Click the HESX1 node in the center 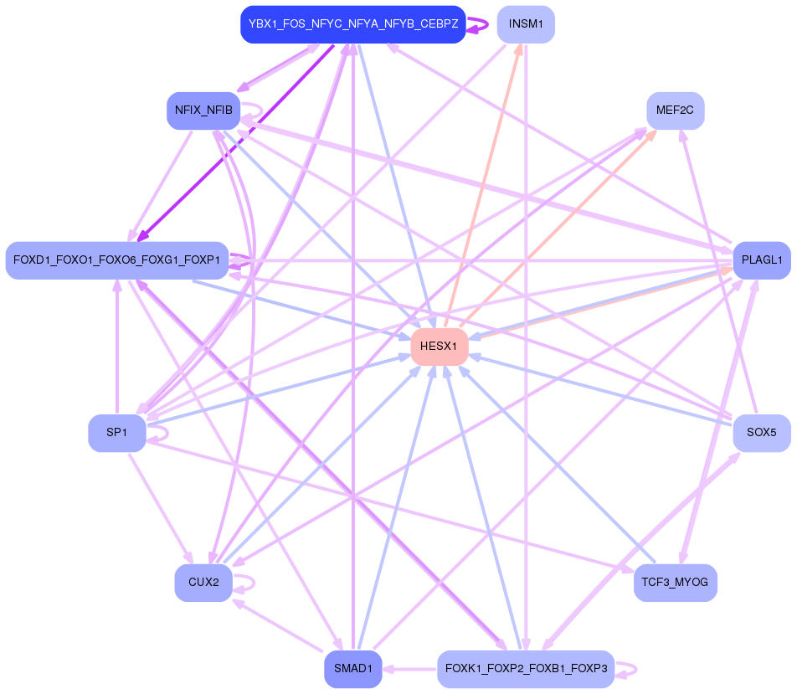(x=439, y=346)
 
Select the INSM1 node (x=526, y=24)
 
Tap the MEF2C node (x=675, y=111)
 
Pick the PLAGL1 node (x=761, y=260)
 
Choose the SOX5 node (x=761, y=433)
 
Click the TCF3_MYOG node (x=675, y=582)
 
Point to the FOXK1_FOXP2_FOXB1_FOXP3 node (x=526, y=669)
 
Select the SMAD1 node (x=352, y=669)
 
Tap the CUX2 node (x=203, y=583)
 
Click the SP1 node (x=117, y=433)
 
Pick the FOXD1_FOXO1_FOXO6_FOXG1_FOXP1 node (x=116, y=260)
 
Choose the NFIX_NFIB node (x=203, y=110)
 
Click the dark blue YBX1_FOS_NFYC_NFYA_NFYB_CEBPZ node (x=352, y=24)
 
